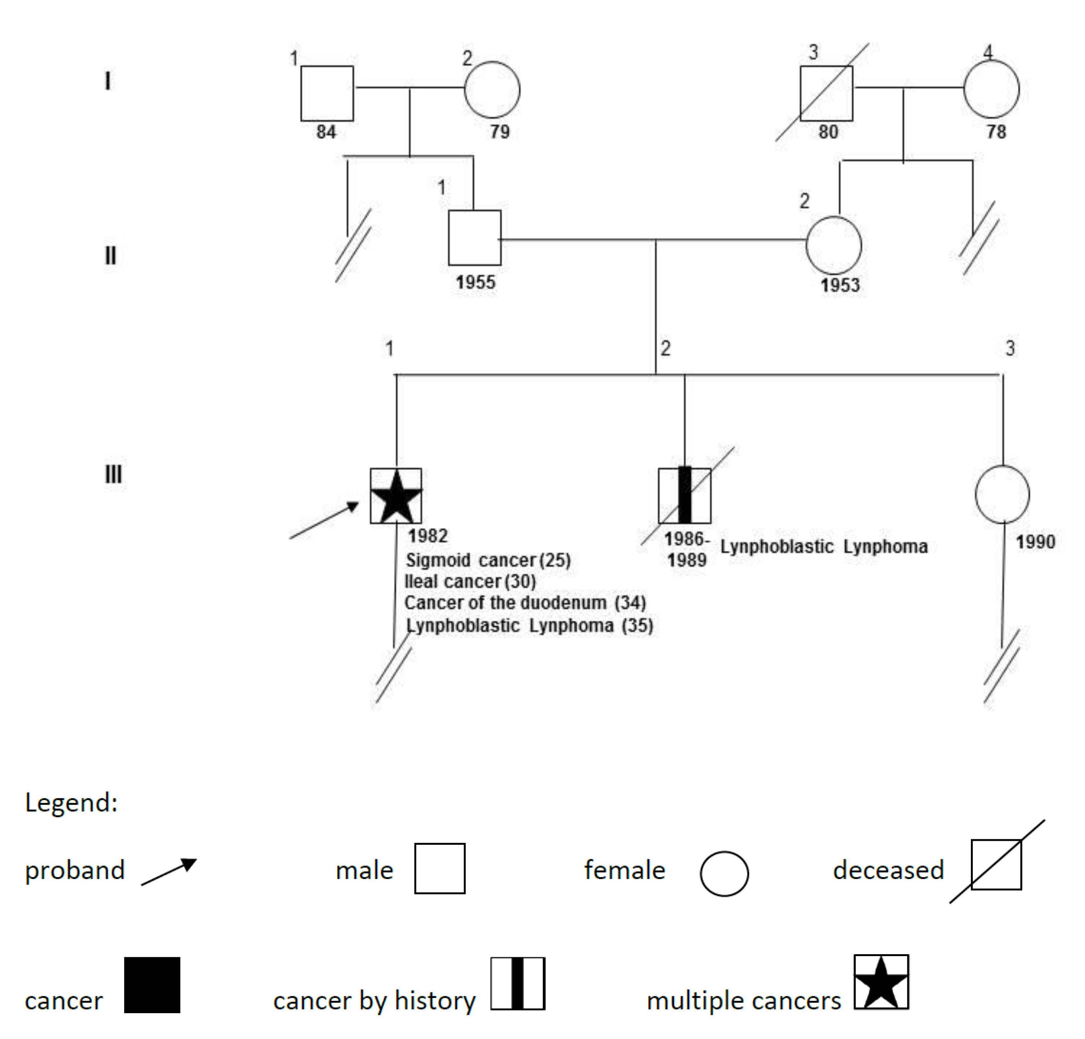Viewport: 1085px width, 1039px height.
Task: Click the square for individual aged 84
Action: pyautogui.click(x=326, y=93)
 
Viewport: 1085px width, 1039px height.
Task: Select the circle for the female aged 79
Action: pyautogui.click(x=491, y=90)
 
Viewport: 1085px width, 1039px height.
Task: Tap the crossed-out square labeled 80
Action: pyautogui.click(x=826, y=93)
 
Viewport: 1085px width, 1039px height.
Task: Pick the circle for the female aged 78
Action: pyautogui.click(x=991, y=89)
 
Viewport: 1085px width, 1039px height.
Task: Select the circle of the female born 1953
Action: pyautogui.click(x=833, y=245)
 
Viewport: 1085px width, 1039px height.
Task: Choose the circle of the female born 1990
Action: pyautogui.click(x=1002, y=494)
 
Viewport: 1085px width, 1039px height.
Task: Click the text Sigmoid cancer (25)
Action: pyautogui.click(x=488, y=560)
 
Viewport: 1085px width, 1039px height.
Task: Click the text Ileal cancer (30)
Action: pyautogui.click(x=470, y=581)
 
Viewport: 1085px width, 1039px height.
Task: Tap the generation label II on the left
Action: pyautogui.click(x=111, y=255)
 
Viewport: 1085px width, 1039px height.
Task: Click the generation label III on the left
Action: pyautogui.click(x=113, y=474)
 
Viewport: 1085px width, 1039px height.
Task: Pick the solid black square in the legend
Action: pyautogui.click(x=152, y=985)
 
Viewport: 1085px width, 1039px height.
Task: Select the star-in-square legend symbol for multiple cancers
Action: pyautogui.click(x=881, y=982)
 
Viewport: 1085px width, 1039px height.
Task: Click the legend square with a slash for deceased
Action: pyautogui.click(x=996, y=864)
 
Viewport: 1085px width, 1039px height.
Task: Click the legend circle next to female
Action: pyautogui.click(x=724, y=873)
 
